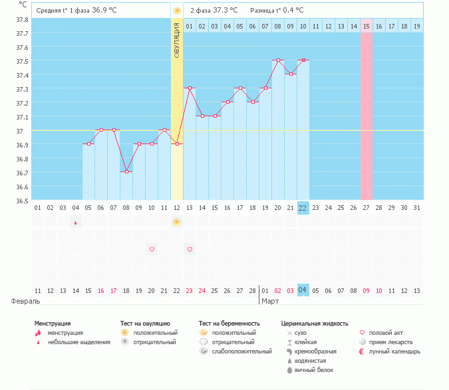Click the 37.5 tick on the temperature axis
tap(23, 61)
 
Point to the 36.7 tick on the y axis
tap(23, 173)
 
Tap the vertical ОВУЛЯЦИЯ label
tap(177, 40)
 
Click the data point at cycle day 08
tap(126, 171)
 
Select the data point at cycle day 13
tap(190, 88)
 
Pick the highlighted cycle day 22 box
tap(303, 207)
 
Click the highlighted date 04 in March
tap(303, 290)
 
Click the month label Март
tap(270, 301)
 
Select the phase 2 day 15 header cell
tap(367, 26)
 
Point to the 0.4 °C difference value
tap(291, 11)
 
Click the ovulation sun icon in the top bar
tap(177, 11)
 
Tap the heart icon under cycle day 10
tap(152, 249)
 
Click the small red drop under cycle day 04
tap(75, 223)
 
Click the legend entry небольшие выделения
tap(79, 341)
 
